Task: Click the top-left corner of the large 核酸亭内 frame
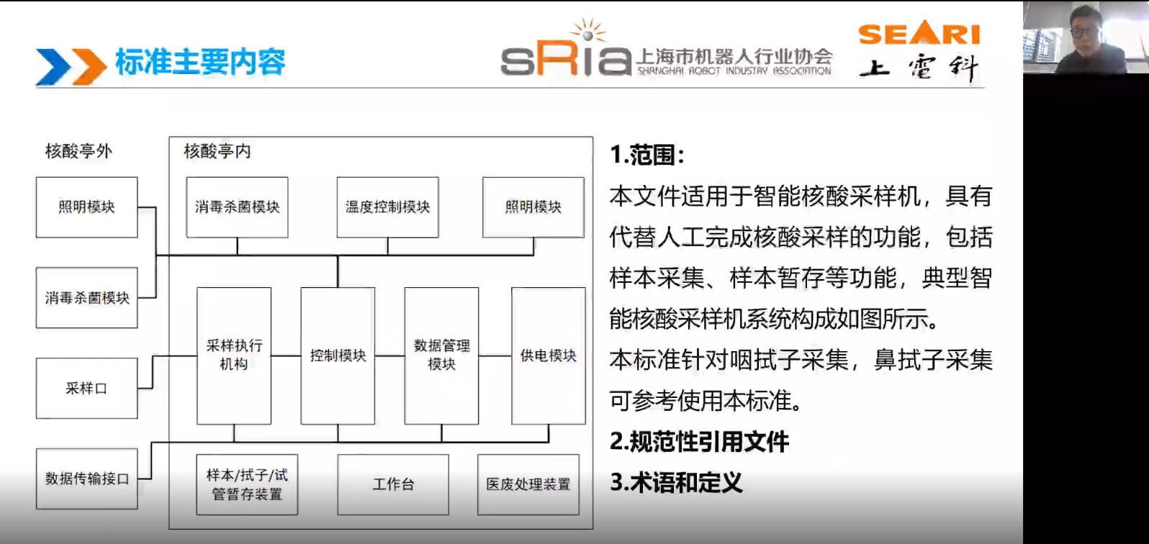169,137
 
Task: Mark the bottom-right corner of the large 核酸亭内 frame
593,529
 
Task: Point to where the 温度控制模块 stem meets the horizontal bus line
388,255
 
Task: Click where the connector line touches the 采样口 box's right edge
138,388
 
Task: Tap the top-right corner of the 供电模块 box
585,288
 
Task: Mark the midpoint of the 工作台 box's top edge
393,455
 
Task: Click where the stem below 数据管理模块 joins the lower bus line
441,441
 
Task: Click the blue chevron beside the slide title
53,67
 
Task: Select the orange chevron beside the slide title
89,67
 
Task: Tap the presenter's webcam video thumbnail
1086,37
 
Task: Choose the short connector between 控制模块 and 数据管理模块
390,355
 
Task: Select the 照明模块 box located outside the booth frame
86,207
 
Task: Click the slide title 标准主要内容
200,62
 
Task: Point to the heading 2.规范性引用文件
699,441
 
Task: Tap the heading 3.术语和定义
676,482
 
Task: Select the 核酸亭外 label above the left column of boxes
78,151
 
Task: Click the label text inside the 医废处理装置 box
528,484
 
